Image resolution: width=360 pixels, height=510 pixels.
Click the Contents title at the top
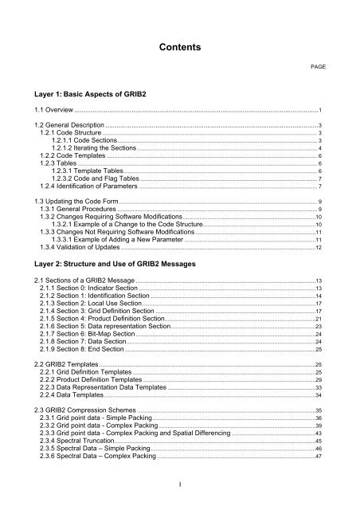[x=179, y=48]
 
